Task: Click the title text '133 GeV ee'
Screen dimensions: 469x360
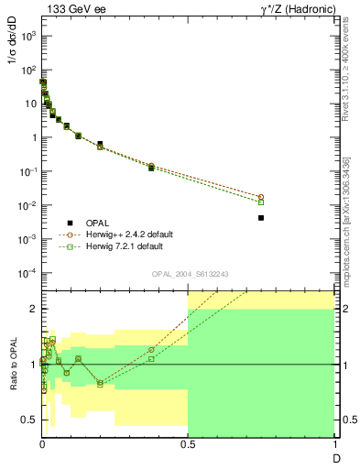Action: (73, 9)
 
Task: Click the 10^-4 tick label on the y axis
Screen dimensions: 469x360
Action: (27, 273)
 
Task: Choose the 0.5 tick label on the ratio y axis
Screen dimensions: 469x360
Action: (29, 420)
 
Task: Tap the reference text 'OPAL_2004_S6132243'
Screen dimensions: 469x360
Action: (189, 274)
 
